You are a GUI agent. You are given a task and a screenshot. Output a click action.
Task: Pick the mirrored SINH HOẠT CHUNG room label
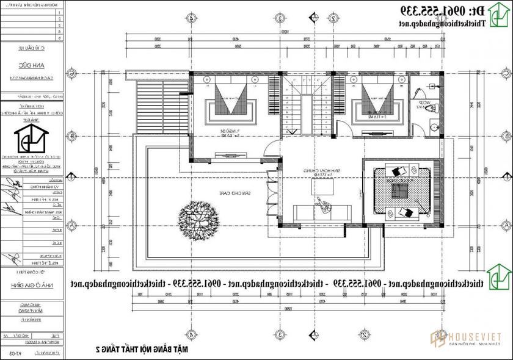(x=317, y=173)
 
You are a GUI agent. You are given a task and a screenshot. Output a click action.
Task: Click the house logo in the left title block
(x=32, y=141)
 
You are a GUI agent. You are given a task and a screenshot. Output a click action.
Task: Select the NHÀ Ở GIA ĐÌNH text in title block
(x=32, y=284)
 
